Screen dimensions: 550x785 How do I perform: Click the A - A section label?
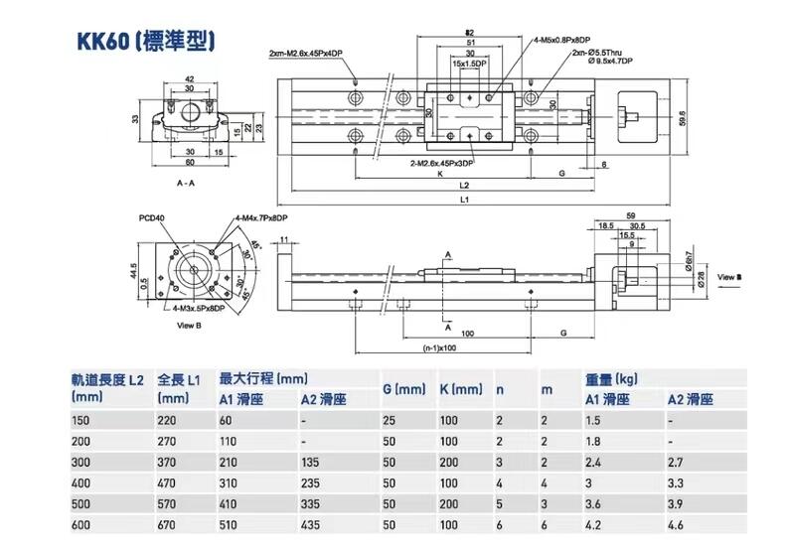coord(185,184)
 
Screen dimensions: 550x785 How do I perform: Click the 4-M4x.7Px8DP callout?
coord(261,218)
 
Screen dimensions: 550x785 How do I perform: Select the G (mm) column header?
coord(403,389)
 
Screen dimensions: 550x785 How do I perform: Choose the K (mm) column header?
coord(461,389)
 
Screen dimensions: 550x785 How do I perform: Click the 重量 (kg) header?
coord(611,379)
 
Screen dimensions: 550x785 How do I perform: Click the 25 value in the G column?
coord(389,421)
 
